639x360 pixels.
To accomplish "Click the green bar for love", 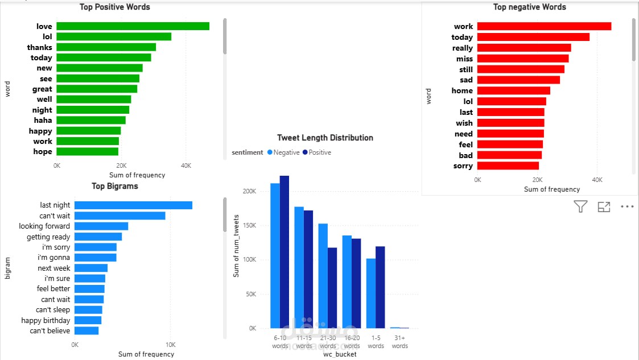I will (133, 26).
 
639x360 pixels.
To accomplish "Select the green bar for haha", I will (91, 120).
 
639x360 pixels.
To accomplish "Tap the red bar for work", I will (544, 26).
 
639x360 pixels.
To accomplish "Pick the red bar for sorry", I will (508, 165).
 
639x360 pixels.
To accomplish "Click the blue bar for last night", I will (133, 205).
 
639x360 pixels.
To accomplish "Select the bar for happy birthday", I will (88, 320).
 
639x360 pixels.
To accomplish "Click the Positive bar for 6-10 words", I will (285, 252).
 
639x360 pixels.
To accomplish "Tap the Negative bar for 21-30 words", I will (323, 276).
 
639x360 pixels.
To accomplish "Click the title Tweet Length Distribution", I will (325, 138).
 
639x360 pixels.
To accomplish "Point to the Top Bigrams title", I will (115, 186).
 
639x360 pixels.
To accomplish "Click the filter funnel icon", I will (580, 207).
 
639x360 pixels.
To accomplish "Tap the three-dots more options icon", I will (627, 207).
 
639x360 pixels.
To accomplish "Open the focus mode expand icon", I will (604, 207).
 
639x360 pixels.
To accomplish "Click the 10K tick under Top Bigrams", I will (170, 345).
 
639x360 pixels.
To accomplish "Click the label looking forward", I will (44, 226).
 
